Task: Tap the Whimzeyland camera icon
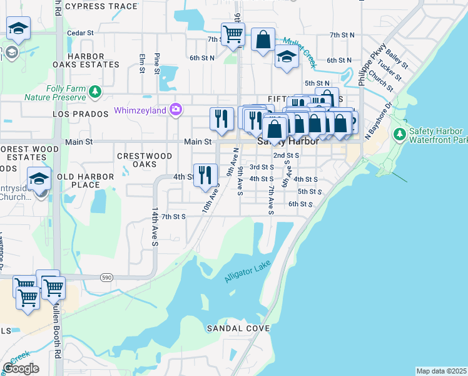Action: (x=176, y=110)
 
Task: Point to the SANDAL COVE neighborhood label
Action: (x=240, y=328)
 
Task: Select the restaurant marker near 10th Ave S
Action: (x=205, y=175)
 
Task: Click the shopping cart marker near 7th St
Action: (x=233, y=34)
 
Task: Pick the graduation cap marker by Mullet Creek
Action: (x=287, y=56)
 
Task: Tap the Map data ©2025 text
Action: (x=441, y=371)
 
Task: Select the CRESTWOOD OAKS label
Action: (x=145, y=160)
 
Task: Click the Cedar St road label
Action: (x=79, y=33)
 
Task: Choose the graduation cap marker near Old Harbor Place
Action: (x=39, y=179)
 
